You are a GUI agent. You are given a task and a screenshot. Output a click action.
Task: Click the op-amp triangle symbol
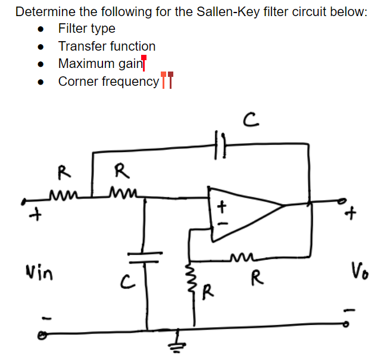point(241,213)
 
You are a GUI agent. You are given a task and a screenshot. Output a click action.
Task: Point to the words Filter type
point(86,29)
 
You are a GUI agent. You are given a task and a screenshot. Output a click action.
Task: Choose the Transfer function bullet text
point(107,46)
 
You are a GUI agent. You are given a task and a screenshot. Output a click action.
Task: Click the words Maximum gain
point(98,64)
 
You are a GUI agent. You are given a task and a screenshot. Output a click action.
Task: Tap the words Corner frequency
point(108,81)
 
